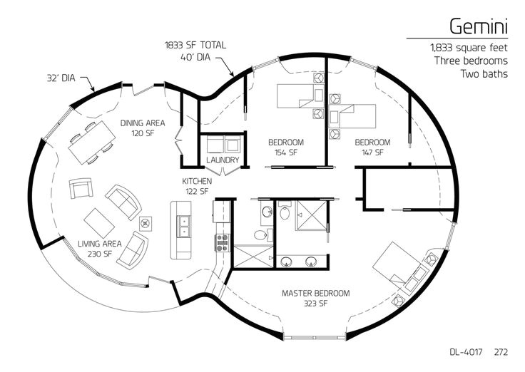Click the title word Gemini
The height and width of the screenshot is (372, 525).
[x=479, y=26]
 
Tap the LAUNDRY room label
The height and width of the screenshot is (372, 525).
[x=223, y=160]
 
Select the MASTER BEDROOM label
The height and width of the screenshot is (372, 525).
[x=316, y=294]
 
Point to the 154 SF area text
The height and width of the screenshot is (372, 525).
[x=286, y=153]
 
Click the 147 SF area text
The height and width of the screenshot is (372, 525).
[x=372, y=153]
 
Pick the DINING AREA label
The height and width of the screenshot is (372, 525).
[x=143, y=123]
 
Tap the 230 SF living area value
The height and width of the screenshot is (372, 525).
[x=100, y=254]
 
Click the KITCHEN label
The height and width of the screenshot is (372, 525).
[x=197, y=181]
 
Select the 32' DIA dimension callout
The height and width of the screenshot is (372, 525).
[x=61, y=78]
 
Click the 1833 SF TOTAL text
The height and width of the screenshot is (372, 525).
[x=195, y=45]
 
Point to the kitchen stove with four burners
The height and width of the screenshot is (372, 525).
[x=222, y=242]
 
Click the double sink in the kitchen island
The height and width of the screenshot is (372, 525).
[x=184, y=227]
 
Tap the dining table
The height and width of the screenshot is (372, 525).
[x=92, y=143]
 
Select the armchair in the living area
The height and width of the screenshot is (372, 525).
[x=81, y=188]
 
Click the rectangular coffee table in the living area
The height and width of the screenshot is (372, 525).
[x=99, y=223]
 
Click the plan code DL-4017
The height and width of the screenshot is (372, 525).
[x=466, y=352]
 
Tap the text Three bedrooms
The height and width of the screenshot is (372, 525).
[x=471, y=61]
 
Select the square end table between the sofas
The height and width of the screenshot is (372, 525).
[x=146, y=224]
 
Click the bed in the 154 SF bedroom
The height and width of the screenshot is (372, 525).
[x=300, y=96]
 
